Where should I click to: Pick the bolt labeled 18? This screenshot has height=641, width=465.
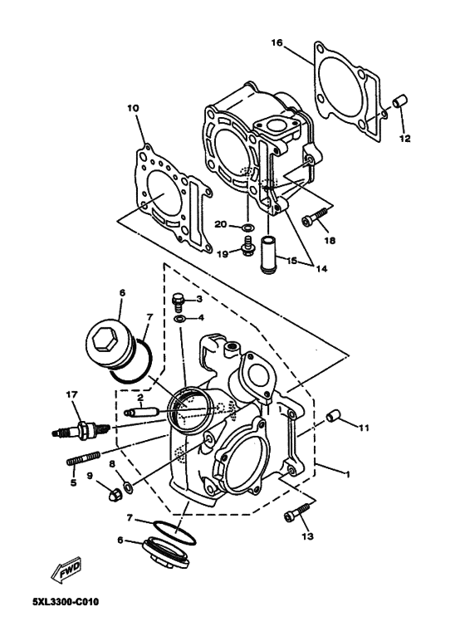(312, 218)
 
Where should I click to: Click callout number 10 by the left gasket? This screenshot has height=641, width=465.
(132, 108)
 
